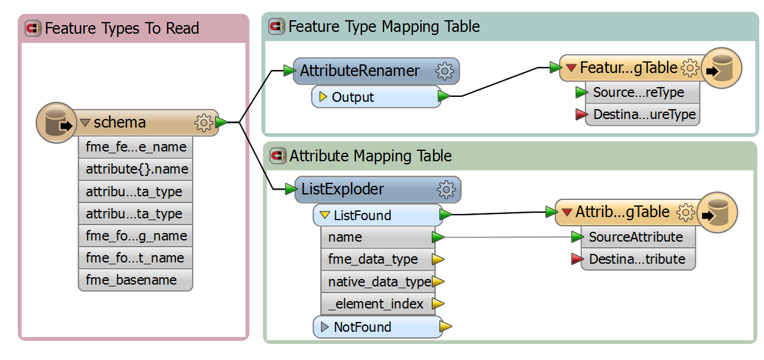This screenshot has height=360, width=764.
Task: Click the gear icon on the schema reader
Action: coord(203,123)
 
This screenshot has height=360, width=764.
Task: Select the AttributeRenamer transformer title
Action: coord(360,71)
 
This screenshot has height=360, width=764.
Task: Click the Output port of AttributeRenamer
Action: coord(353,98)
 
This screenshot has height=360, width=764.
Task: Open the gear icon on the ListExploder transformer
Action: coord(446,190)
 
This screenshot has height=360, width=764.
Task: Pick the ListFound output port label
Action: coord(362,216)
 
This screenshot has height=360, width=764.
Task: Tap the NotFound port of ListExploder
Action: coord(362,327)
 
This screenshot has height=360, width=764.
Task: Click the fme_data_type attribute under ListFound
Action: coord(372,259)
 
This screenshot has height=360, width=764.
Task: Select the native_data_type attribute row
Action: coord(379,282)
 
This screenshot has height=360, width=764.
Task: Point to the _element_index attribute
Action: coord(376,304)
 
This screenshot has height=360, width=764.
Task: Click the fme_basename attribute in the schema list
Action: coord(131,280)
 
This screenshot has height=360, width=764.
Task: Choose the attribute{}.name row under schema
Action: coord(136,170)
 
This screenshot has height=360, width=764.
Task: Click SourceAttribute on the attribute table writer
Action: coord(635,237)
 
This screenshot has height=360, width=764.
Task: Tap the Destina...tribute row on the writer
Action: coord(636,259)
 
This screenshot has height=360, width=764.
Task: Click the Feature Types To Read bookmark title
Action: coord(122,29)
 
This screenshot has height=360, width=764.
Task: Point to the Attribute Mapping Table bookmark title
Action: coord(370,156)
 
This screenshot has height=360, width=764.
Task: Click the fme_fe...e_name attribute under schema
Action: coord(136,148)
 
